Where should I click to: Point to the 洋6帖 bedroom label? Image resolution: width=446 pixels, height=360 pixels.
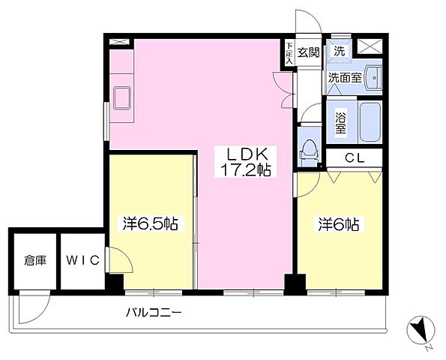coord(338,223)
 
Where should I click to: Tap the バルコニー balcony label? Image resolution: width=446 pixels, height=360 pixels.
coord(153,313)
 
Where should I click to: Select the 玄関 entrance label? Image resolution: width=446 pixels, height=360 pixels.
coord(307,52)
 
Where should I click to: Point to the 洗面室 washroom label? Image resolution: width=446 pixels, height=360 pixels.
coord(344,77)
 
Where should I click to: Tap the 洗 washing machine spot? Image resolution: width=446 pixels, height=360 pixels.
coord(339,52)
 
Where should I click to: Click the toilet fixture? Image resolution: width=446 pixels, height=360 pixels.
coord(308,150)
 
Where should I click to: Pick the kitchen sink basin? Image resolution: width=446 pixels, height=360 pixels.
coord(121,97)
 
